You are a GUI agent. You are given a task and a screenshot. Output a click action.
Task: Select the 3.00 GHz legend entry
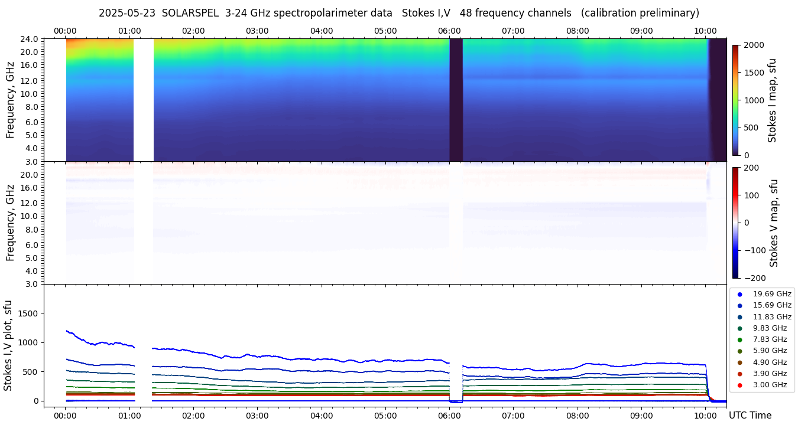click(x=770, y=385)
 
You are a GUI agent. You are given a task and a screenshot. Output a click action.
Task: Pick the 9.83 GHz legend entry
click(x=770, y=328)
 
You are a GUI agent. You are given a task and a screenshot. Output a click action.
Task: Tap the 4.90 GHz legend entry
click(x=770, y=362)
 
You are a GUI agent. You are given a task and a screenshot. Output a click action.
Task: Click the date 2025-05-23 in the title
click(x=126, y=13)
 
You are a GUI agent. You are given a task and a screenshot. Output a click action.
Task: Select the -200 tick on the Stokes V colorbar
click(x=754, y=278)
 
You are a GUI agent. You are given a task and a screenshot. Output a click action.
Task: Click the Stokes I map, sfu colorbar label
click(x=772, y=100)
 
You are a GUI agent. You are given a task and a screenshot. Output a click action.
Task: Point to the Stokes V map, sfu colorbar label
click(x=774, y=223)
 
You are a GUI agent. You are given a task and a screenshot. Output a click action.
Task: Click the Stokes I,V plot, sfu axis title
click(x=8, y=345)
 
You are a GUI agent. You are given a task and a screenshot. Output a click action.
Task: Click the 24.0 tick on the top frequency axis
click(x=30, y=39)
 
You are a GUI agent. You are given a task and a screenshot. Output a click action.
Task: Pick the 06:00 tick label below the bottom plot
click(x=449, y=415)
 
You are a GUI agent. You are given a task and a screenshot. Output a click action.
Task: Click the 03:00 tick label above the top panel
click(x=257, y=31)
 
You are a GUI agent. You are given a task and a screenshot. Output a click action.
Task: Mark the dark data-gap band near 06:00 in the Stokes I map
click(x=456, y=100)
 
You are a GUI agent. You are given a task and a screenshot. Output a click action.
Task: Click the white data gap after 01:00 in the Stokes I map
click(x=144, y=100)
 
